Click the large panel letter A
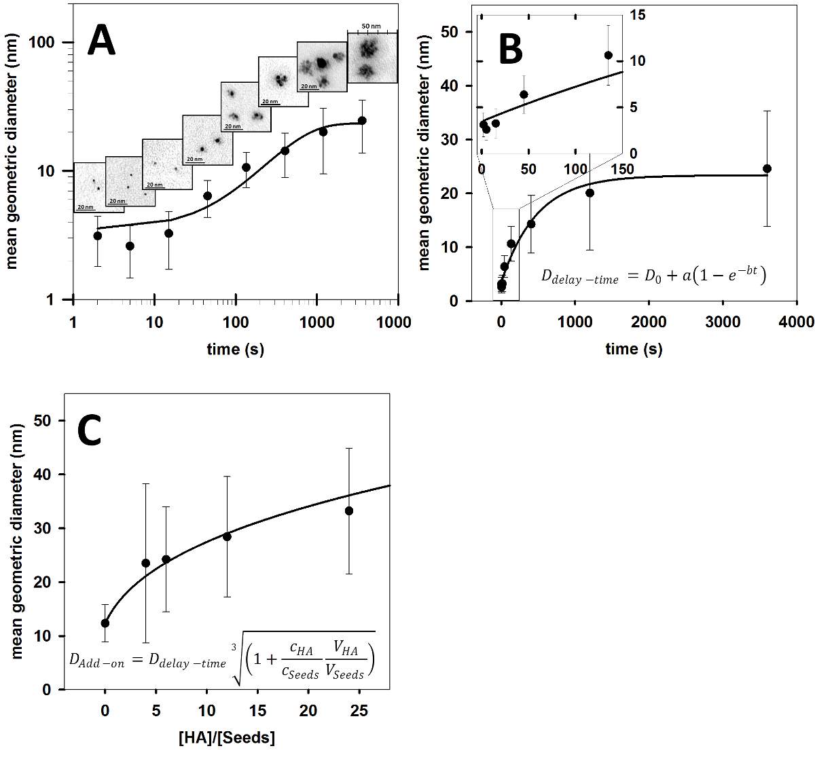click(102, 41)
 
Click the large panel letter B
click(520, 49)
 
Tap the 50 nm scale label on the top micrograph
click(371, 26)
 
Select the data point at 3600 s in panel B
click(767, 168)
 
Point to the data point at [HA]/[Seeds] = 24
click(349, 511)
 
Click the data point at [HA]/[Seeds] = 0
click(105, 623)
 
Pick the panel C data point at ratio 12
click(227, 536)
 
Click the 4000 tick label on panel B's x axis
click(796, 322)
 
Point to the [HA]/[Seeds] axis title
click(227, 738)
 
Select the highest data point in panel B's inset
click(608, 55)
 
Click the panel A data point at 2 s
click(98, 236)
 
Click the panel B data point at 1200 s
click(590, 193)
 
